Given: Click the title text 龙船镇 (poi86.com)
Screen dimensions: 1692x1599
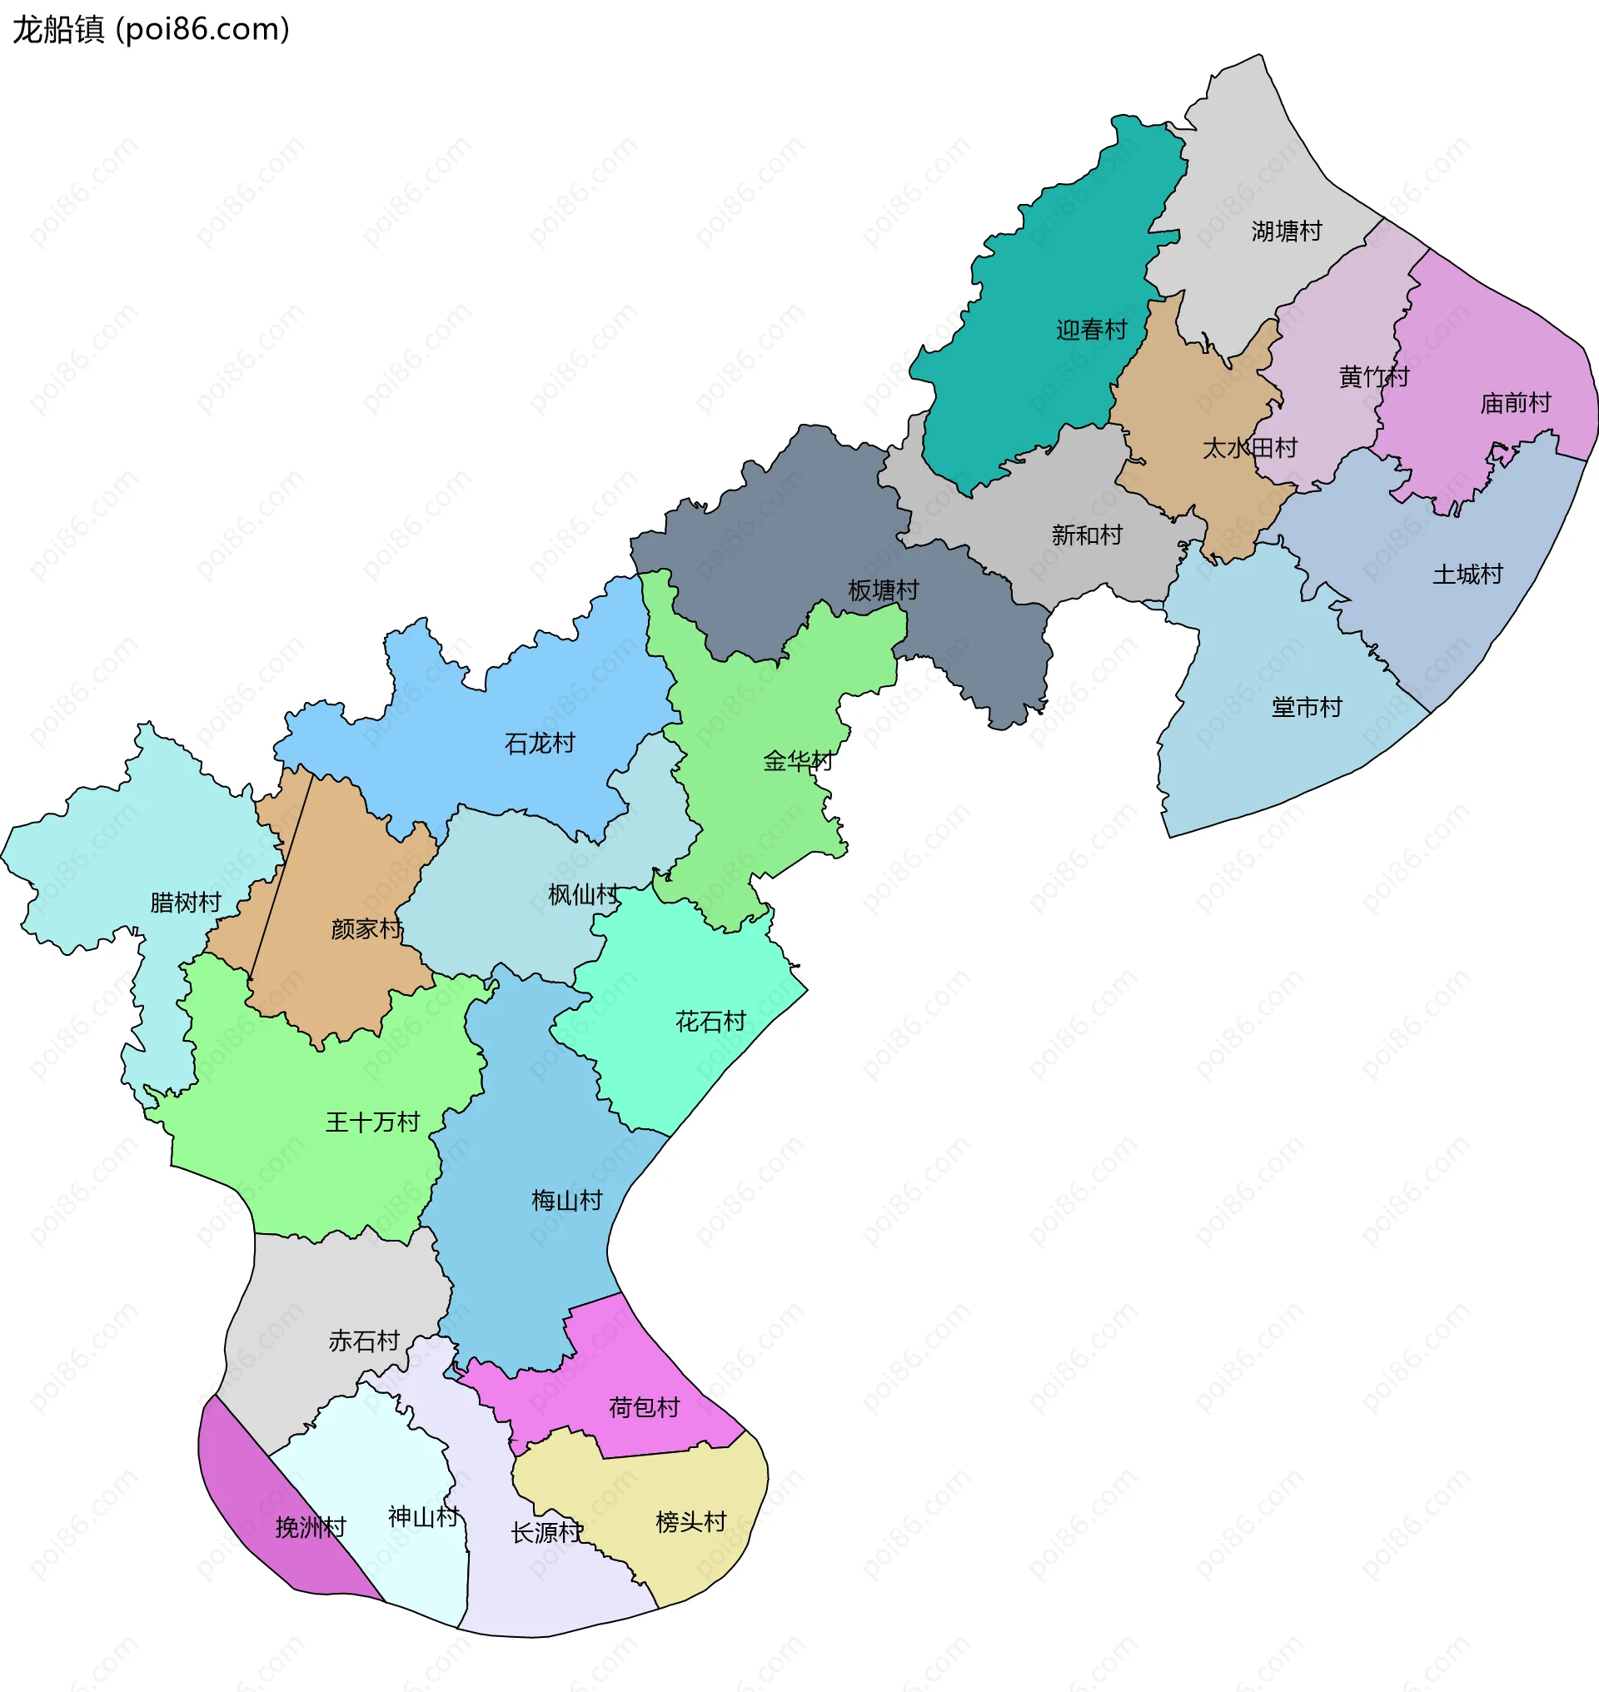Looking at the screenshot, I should pyautogui.click(x=151, y=30).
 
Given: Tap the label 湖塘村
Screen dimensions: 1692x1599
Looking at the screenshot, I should pyautogui.click(x=1286, y=231).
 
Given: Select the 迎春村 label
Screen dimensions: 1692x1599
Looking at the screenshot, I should pyautogui.click(x=1091, y=330).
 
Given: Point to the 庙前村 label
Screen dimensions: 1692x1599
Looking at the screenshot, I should pyautogui.click(x=1515, y=403).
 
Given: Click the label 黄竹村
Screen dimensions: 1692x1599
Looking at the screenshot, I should pyautogui.click(x=1373, y=376).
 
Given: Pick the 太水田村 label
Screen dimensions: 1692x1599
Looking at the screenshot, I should pyautogui.click(x=1248, y=448).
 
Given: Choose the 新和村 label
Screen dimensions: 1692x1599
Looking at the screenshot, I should pyautogui.click(x=1087, y=535).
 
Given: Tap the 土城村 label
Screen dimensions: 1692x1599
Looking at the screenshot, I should pyautogui.click(x=1467, y=575).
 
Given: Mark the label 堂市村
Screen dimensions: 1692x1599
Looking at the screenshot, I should pyautogui.click(x=1306, y=708).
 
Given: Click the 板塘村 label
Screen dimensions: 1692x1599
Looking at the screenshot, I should pyautogui.click(x=883, y=590).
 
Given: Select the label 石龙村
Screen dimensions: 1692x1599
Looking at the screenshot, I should pyautogui.click(x=540, y=744).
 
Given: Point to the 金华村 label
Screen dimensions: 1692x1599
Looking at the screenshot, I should pyautogui.click(x=797, y=761).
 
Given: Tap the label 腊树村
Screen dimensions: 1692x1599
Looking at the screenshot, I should pyautogui.click(x=185, y=903).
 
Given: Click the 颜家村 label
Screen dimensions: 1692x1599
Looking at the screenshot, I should pyautogui.click(x=366, y=929).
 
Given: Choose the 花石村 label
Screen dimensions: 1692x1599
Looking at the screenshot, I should pyautogui.click(x=710, y=1022).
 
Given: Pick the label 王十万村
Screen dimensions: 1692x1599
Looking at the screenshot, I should pyautogui.click(x=372, y=1122).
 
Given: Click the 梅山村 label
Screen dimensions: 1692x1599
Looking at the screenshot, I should pyautogui.click(x=567, y=1201).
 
